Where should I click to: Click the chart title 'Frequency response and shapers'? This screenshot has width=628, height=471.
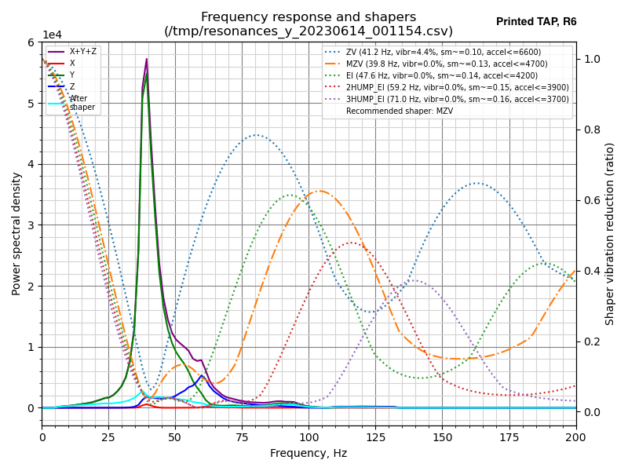point(309,17)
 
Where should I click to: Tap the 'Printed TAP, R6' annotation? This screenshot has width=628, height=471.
point(536,22)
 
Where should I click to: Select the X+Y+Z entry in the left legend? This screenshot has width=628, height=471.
point(82,52)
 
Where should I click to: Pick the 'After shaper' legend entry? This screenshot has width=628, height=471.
point(78,103)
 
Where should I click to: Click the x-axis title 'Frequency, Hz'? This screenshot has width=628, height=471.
point(309,453)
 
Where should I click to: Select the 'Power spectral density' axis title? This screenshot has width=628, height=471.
point(16,233)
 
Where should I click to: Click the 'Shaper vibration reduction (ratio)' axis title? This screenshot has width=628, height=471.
point(610,233)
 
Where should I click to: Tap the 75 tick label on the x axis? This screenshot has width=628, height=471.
point(242,436)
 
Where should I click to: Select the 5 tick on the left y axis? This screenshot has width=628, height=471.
point(31,104)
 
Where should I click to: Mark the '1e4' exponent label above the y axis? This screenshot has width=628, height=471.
point(52,35)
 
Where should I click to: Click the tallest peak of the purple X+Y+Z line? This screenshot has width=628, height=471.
point(146,59)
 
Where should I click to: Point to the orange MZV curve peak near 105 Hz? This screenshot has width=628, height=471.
point(320,191)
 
